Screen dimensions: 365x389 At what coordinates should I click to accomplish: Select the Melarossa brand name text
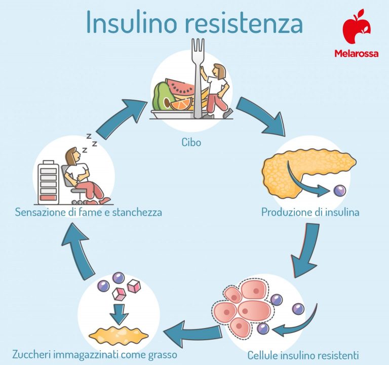tap(356, 53)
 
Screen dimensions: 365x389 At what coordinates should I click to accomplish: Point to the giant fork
tap(198, 76)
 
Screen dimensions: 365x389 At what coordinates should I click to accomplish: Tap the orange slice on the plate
tap(181, 104)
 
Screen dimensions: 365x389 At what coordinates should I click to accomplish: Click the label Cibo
tap(191, 142)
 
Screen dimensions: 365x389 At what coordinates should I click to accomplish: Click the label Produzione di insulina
tap(310, 212)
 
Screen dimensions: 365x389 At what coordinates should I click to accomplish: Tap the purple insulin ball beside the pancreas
tap(338, 191)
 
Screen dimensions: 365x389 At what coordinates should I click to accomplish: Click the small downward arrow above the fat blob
tap(119, 314)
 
